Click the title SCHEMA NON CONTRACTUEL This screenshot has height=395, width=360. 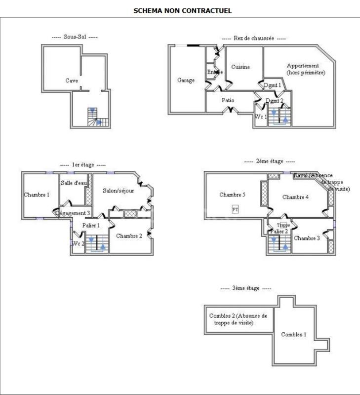tap(182, 10)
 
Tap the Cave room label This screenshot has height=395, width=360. tap(72, 80)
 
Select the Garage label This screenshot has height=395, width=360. tap(186, 80)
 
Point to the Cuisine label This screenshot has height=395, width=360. tap(240, 67)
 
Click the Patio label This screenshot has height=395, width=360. tap(228, 100)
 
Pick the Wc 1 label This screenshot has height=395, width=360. tap(261, 117)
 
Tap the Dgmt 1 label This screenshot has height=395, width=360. tap(272, 85)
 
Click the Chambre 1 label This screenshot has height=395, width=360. tap(37, 195)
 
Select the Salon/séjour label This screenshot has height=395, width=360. tap(118, 191)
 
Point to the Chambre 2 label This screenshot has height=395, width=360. tap(129, 236)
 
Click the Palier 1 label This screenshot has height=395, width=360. tap(91, 225)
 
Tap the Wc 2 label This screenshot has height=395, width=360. tap(78, 243)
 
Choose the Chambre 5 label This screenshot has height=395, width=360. tap(233, 195)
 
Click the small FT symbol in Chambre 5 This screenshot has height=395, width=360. tap(235, 209)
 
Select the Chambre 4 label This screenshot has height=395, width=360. tap(295, 197)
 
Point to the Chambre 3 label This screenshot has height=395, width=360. tap(307, 238)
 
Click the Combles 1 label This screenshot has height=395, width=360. tap(293, 334)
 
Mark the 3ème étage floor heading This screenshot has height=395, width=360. tap(245, 288)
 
